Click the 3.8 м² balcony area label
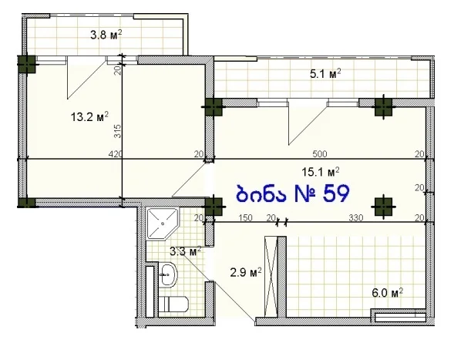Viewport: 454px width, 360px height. tap(106, 35)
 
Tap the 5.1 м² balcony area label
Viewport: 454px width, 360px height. tap(325, 73)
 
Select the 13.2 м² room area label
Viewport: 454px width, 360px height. tap(89, 117)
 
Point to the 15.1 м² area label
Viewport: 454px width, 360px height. tap(321, 172)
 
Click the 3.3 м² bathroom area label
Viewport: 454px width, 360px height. tap(185, 251)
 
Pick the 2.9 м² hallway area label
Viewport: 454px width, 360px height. tap(246, 272)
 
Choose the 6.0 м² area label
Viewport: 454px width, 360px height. tap(388, 293)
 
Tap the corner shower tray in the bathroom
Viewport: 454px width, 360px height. tap(163, 224)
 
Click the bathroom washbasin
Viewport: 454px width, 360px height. tap(167, 274)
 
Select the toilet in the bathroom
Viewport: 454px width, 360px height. tap(173, 304)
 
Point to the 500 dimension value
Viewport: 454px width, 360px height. tap(320, 153)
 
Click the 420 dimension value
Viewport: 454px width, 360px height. tap(116, 153)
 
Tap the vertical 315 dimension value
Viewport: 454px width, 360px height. tap(118, 131)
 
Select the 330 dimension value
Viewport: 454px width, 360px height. tap(355, 217)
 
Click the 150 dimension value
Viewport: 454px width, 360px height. tap(246, 217)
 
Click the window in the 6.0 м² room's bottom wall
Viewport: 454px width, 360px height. tap(400, 317)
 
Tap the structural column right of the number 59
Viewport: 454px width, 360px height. tap(383, 207)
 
